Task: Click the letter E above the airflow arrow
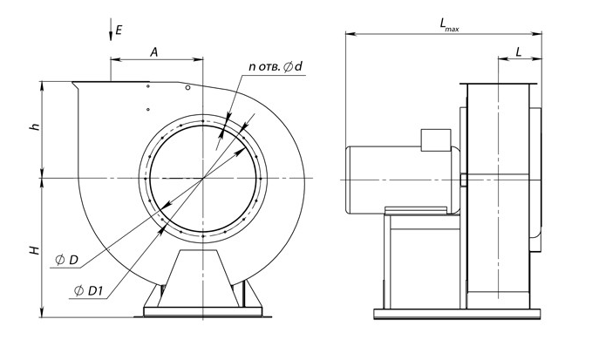(118, 31)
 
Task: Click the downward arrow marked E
(109, 32)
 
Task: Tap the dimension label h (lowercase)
(34, 127)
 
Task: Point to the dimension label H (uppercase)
(33, 251)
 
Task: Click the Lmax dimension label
(450, 27)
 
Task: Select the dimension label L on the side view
(520, 52)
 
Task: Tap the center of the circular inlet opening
(203, 178)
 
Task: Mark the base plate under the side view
(458, 313)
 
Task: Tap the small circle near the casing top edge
(187, 89)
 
